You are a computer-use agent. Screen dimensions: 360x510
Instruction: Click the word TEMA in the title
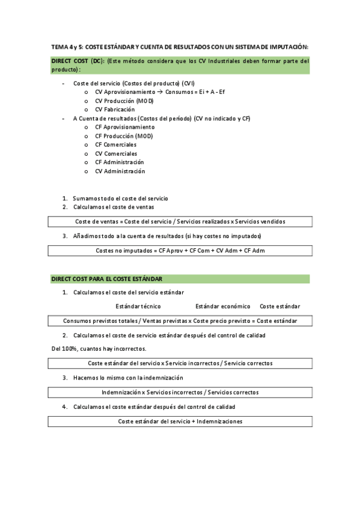coord(59,47)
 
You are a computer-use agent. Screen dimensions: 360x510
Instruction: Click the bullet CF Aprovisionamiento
coord(124,127)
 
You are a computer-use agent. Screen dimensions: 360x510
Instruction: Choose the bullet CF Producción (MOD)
coord(124,136)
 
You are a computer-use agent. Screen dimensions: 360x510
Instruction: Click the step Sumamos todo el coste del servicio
coord(120,198)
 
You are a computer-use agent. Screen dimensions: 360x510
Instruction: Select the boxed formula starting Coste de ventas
coord(180,221)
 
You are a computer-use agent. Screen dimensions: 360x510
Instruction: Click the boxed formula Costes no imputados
coord(180,250)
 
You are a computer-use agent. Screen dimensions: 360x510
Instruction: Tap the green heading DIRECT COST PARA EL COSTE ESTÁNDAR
coord(107,279)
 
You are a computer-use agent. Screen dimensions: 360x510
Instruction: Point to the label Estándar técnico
coord(138,306)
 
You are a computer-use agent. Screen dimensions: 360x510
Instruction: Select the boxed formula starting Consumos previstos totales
coord(180,321)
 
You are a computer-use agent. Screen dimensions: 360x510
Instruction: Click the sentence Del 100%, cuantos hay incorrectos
coord(99,349)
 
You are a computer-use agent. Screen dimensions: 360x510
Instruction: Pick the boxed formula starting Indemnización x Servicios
coord(180,392)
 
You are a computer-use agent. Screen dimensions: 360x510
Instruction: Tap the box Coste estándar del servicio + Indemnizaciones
coord(180,421)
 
